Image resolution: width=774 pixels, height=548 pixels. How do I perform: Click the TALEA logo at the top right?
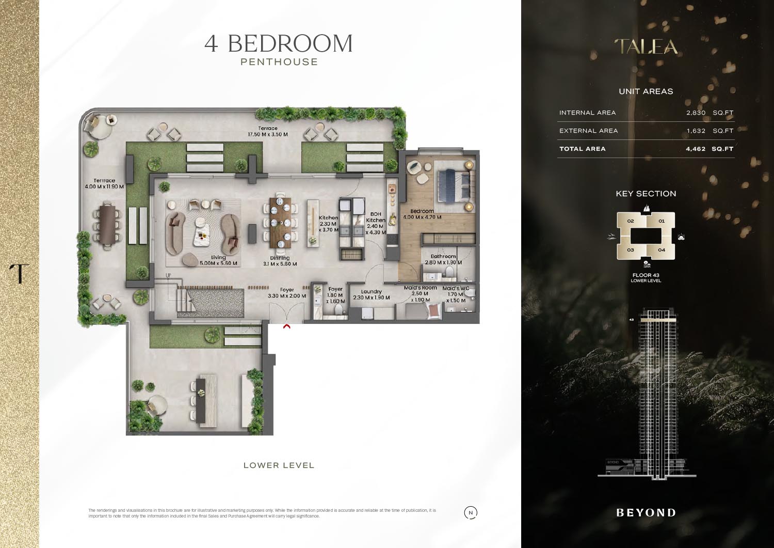click(x=646, y=46)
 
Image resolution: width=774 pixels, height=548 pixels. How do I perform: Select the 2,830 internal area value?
click(x=696, y=113)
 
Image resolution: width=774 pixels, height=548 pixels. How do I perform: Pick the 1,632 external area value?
click(x=696, y=131)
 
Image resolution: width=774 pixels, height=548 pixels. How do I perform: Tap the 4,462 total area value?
click(x=695, y=149)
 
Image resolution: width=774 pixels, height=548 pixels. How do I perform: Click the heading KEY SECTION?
click(x=646, y=194)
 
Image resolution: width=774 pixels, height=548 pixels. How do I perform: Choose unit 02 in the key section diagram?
click(x=630, y=221)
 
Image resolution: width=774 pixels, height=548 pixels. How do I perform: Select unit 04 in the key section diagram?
click(x=662, y=250)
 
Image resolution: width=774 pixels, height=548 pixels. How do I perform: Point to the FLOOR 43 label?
click(x=646, y=275)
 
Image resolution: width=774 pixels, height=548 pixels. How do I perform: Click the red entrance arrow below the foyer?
click(x=287, y=326)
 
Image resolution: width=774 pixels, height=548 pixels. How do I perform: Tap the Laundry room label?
click(x=372, y=294)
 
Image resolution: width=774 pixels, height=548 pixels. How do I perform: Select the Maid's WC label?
click(x=456, y=294)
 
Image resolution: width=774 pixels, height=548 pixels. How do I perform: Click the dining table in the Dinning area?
click(x=280, y=223)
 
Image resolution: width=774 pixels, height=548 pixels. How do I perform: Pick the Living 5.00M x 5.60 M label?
click(x=218, y=260)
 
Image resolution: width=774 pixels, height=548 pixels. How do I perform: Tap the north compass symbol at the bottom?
click(x=470, y=513)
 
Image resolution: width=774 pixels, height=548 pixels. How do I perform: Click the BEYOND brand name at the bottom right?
click(x=646, y=513)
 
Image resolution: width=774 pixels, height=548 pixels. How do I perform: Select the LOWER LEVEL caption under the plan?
click(x=279, y=465)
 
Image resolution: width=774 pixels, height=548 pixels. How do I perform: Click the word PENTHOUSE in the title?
click(x=279, y=62)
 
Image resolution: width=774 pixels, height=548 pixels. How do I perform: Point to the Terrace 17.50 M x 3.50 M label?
click(x=268, y=131)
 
